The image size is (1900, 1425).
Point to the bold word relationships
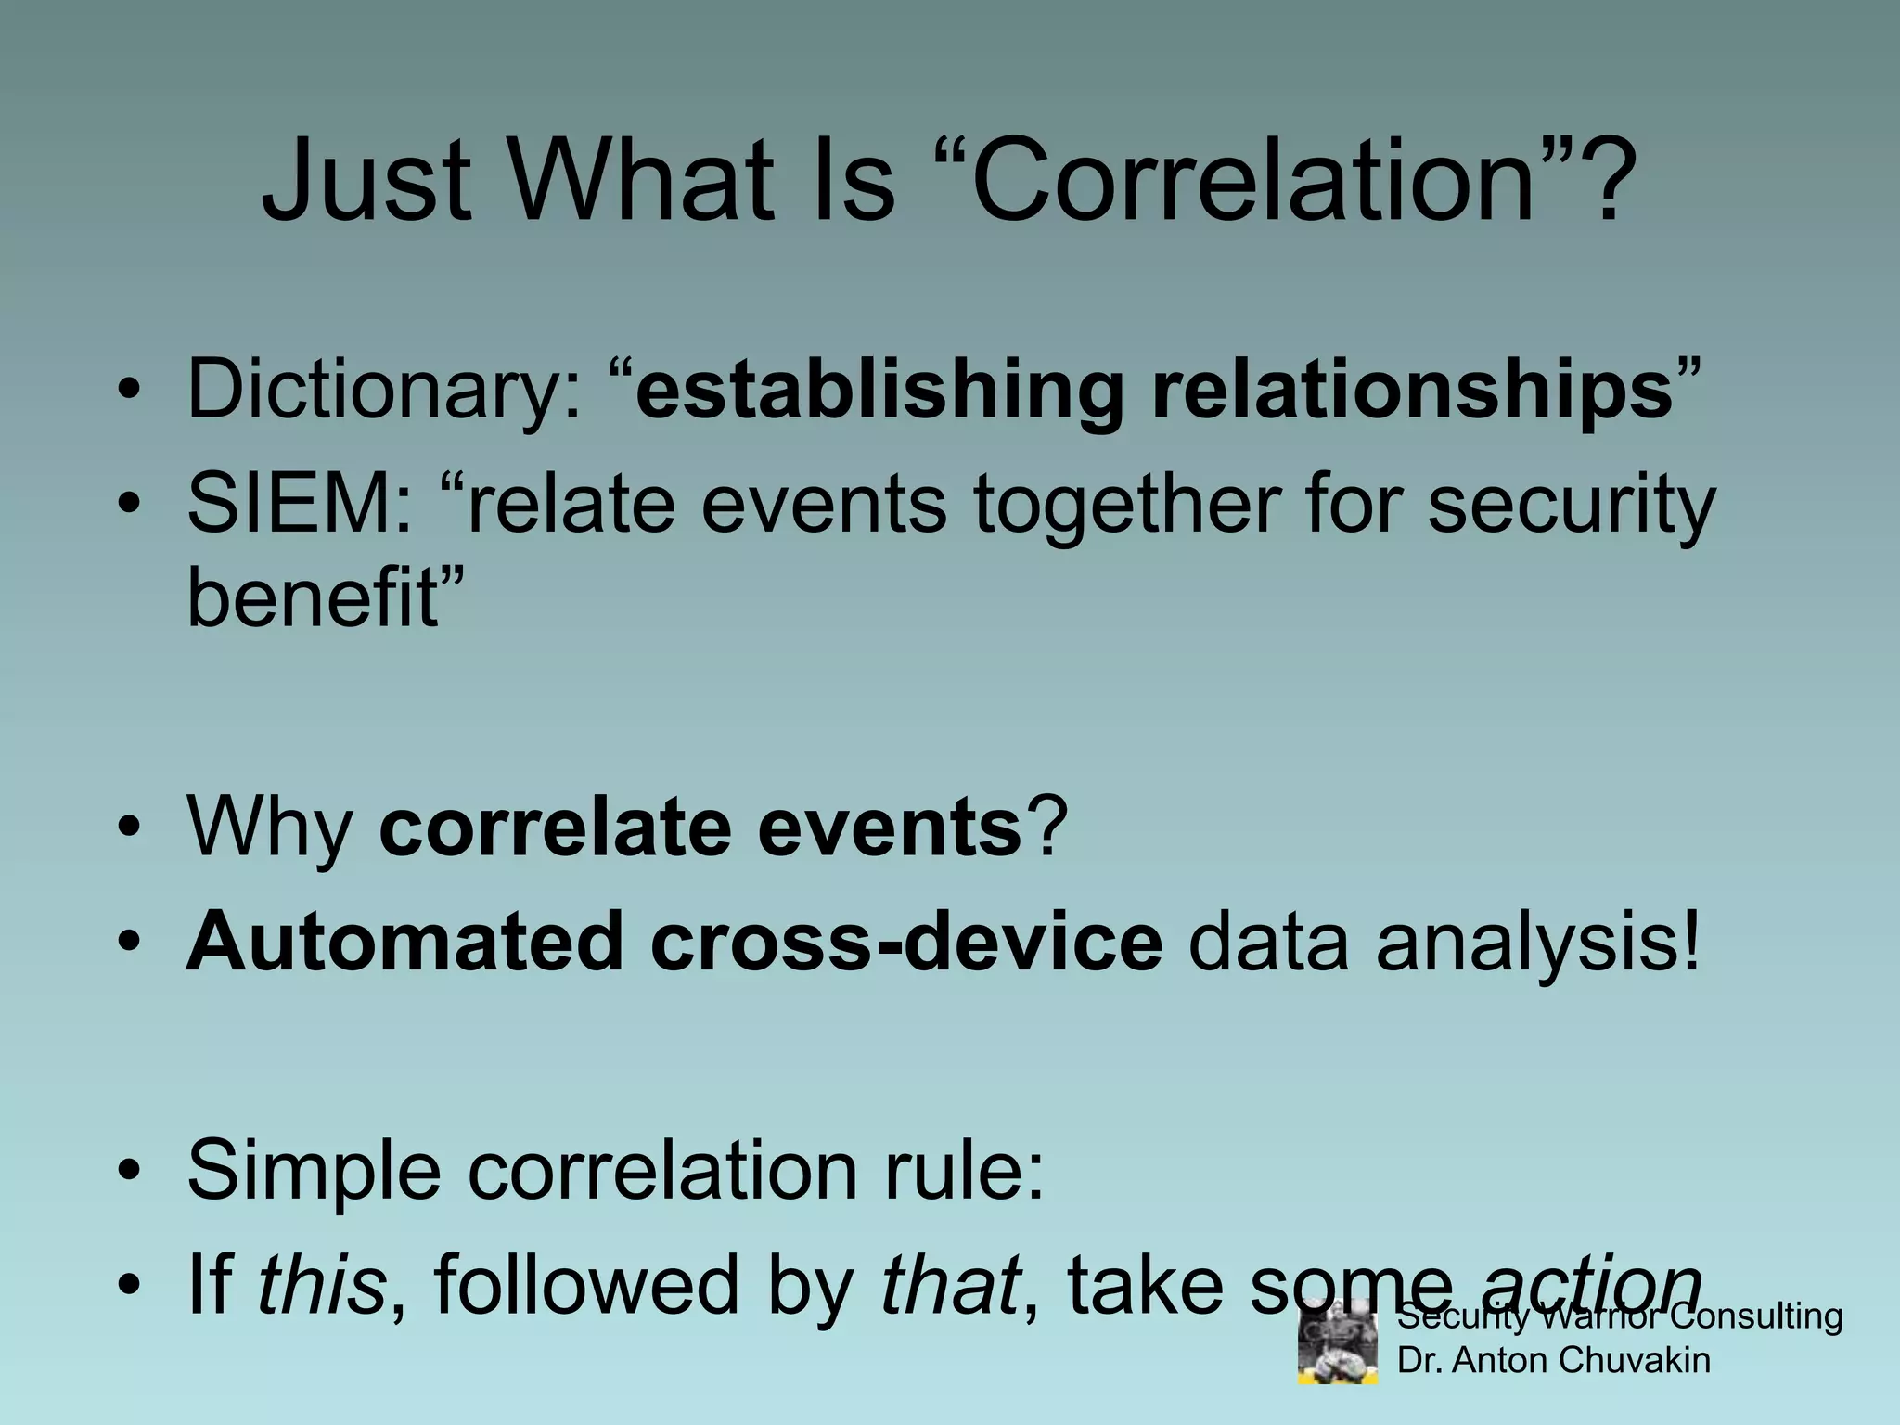click(x=1411, y=390)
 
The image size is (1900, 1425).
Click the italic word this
click(x=321, y=1285)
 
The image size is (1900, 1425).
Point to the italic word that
click(x=950, y=1285)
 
